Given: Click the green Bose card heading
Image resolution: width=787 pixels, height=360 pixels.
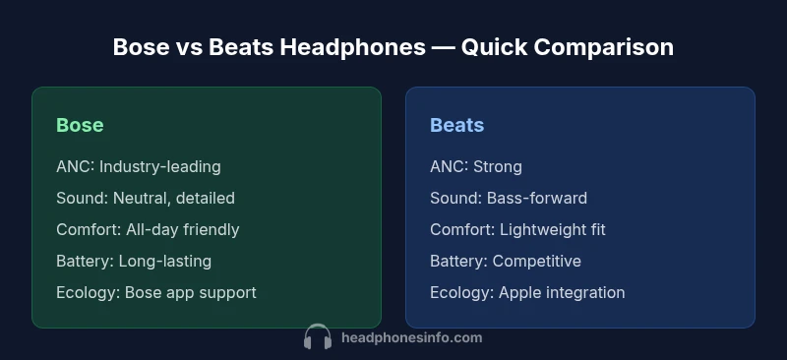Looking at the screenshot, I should click(x=80, y=125).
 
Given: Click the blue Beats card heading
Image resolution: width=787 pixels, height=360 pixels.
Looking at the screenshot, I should click(x=456, y=125).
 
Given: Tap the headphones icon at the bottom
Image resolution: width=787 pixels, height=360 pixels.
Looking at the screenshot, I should click(x=318, y=338).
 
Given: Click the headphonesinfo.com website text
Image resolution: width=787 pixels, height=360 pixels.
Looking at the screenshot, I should click(x=411, y=337).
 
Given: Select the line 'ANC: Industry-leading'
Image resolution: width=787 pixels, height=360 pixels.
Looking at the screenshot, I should click(x=138, y=166).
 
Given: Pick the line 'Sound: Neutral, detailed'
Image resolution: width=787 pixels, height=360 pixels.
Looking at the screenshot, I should click(x=146, y=198).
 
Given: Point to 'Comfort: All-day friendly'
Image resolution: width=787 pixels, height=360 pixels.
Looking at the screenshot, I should click(x=148, y=229).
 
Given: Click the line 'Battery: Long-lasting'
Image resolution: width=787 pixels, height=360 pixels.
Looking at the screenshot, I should click(x=134, y=261).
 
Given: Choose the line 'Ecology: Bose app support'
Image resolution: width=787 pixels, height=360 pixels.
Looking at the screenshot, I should click(x=155, y=292).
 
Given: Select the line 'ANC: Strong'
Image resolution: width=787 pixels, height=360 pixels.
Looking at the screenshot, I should click(x=475, y=166).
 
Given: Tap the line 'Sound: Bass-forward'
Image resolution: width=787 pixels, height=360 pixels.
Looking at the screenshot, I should click(x=508, y=198).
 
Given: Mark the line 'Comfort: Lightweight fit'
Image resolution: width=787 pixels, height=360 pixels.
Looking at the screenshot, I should click(x=517, y=229).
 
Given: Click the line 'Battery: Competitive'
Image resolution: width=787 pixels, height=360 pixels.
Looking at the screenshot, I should click(x=505, y=261).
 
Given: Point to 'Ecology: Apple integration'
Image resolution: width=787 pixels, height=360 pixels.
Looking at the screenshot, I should click(x=527, y=292).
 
